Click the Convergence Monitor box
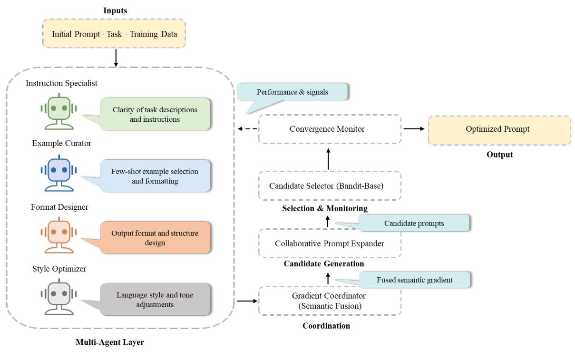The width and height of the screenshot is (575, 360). (330, 129)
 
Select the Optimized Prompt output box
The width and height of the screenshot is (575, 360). (499, 129)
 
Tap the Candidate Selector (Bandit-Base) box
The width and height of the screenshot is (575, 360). (330, 186)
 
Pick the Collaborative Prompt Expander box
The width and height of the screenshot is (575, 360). (330, 243)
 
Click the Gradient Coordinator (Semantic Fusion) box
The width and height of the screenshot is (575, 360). (330, 301)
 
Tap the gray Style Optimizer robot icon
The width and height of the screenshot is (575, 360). (58, 298)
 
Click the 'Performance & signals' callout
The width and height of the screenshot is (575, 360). (292, 92)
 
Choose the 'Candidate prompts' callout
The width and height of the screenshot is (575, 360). (414, 223)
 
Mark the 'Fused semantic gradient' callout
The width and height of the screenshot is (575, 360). (414, 280)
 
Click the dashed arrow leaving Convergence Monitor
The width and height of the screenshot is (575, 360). (247, 129)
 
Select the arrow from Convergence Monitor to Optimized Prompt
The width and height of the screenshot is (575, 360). (414, 129)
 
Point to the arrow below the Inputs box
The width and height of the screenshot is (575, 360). (116, 58)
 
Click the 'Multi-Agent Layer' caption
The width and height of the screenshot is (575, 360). (109, 342)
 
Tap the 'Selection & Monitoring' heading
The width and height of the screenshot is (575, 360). (324, 208)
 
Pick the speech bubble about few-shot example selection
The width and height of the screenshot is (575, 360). (155, 176)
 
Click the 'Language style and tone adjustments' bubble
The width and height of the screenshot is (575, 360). (155, 300)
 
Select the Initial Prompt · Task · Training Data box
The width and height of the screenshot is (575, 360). (114, 34)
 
